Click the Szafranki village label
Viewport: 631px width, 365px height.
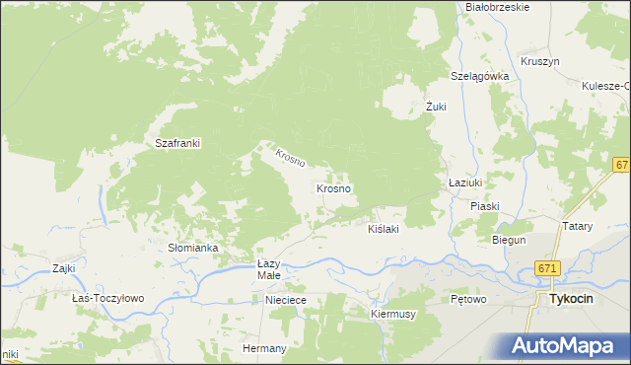(x=178, y=143)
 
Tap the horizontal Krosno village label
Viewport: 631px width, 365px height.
(x=334, y=187)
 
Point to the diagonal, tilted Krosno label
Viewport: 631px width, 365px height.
(x=290, y=156)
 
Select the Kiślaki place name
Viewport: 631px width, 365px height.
(x=383, y=228)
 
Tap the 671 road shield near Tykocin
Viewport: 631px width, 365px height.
(x=549, y=268)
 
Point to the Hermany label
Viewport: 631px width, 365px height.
(x=264, y=348)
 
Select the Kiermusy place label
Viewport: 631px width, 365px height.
(x=392, y=314)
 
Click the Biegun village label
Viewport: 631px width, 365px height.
(x=509, y=240)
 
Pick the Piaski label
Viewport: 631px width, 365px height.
(x=485, y=206)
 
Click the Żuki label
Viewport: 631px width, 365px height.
(x=437, y=106)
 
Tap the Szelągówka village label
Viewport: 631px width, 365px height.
(x=479, y=76)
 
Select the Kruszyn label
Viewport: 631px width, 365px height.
(x=539, y=61)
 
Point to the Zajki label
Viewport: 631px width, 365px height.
(x=64, y=267)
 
